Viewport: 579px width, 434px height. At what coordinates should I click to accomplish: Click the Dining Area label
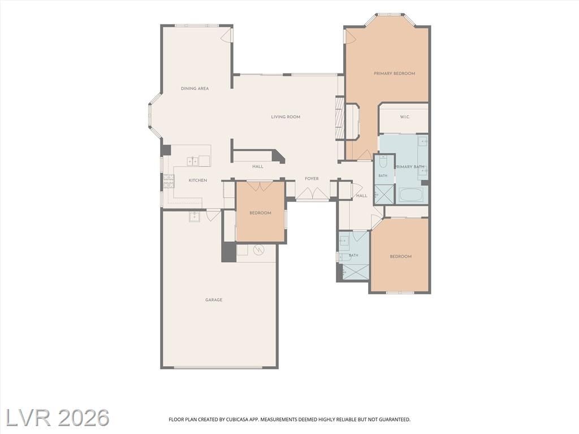[x=195, y=89]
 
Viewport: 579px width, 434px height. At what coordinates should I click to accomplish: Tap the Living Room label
[x=286, y=117]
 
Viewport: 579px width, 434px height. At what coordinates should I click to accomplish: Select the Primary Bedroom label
[x=394, y=73]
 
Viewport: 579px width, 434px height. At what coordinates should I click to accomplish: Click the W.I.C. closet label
[x=404, y=117]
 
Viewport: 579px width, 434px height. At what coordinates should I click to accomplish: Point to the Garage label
[x=214, y=300]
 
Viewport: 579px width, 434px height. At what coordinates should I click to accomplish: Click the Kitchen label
[x=198, y=180]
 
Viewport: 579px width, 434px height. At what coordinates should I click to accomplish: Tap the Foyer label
[x=312, y=179]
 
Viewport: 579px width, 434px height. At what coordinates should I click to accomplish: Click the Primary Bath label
[x=409, y=167]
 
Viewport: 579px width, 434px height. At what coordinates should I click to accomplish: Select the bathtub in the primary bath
[x=412, y=195]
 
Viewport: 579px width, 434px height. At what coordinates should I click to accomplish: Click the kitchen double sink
[x=198, y=161]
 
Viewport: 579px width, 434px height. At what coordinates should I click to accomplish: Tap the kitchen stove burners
[x=168, y=181]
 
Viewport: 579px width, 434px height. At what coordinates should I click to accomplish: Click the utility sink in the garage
[x=195, y=217]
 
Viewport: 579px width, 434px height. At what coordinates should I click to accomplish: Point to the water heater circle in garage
[x=259, y=250]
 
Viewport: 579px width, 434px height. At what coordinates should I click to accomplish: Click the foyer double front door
[x=312, y=193]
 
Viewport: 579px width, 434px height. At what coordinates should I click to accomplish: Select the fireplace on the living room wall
[x=340, y=118]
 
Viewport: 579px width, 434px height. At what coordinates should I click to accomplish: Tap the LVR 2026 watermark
[x=58, y=418]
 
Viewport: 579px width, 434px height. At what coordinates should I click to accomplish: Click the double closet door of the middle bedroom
[x=260, y=185]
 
